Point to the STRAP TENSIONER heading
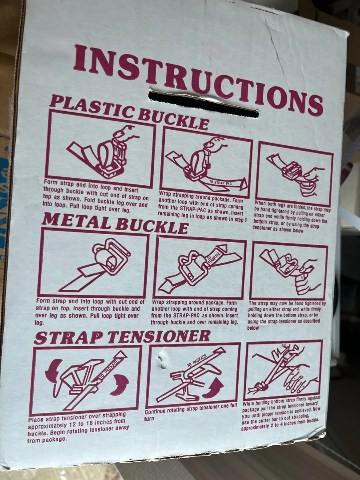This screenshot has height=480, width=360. coord(122,337)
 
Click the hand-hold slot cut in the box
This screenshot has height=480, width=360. coord(203,104)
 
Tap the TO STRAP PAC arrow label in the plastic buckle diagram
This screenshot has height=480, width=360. coord(220,183)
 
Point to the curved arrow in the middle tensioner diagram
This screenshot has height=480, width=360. coord(213,388)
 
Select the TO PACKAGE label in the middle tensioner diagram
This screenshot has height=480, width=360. coord(197,360)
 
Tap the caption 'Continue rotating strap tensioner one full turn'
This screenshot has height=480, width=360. coord(191,412)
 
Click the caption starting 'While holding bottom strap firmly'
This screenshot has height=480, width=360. coord(281,413)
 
